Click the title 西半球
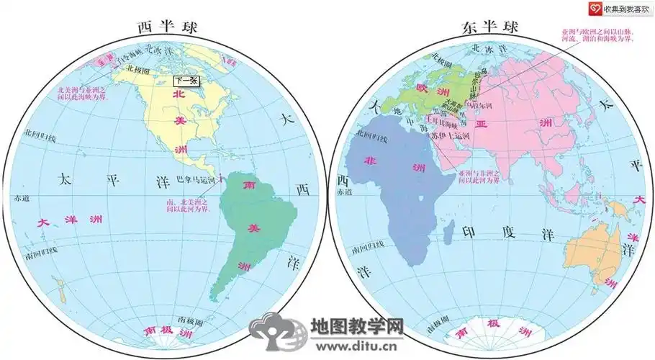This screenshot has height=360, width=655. pos(168,27)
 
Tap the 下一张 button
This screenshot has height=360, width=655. pos(186,81)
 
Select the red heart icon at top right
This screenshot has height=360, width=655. pos(594,8)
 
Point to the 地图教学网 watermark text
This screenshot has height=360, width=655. pos(356,325)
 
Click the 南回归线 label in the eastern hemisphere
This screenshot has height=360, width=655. pos(367,250)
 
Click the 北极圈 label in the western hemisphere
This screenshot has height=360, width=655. pos(137,69)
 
